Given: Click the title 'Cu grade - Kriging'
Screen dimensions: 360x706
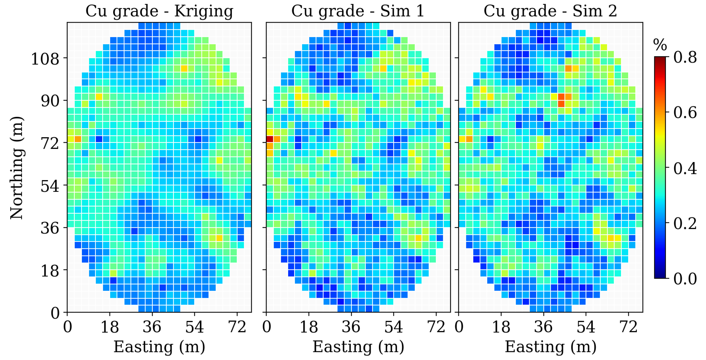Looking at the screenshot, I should pos(159,12).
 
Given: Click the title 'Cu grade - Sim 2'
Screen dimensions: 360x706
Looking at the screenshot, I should pos(550,12).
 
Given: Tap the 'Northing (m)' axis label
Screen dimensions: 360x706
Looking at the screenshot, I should pos(17,168).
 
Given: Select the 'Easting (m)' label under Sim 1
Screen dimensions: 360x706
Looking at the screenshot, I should pos(358,347).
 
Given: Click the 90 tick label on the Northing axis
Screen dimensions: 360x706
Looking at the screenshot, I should pos(50,101).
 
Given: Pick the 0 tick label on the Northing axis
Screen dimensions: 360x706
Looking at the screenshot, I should pos(55,313).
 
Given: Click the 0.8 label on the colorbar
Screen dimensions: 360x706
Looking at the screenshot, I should pos(685,58).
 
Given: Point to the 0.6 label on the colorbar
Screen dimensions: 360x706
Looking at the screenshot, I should pos(685,113).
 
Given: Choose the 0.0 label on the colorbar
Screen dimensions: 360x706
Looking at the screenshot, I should pos(685,279).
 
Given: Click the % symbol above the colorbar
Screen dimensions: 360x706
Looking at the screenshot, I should pos(660,45).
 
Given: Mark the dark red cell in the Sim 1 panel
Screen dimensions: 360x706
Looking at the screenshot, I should pos(270,139).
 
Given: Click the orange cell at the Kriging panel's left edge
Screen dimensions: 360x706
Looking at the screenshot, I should pos(78,139).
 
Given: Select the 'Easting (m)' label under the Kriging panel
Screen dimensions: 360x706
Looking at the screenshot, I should pos(159,347).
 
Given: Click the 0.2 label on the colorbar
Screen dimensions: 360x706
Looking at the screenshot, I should pos(685,224).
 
